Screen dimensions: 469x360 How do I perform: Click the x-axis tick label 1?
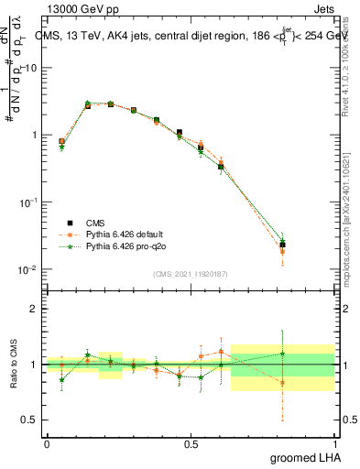pos(336,443)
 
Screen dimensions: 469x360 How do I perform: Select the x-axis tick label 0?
pos(47,443)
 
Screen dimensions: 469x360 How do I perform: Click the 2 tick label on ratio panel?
pos(34,309)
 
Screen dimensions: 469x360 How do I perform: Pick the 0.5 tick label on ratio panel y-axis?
pos(30,420)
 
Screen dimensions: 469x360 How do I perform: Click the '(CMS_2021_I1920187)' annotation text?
pos(190,274)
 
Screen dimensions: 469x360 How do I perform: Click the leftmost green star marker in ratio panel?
pos(61,379)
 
